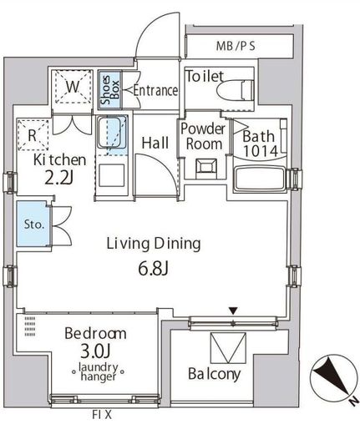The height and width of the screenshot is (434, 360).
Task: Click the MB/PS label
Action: pos(236,46)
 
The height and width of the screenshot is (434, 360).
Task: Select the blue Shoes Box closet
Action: pos(110,90)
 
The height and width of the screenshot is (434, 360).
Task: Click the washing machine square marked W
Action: pos(74,87)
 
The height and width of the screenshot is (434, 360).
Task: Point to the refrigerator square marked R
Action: pos(33,135)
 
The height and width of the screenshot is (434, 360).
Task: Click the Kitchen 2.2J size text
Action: pos(59,179)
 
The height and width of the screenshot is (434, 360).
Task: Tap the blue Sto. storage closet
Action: pos(33,224)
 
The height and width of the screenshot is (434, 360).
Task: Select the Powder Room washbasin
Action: pos(206,166)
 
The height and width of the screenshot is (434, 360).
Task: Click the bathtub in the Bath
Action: pos(260,179)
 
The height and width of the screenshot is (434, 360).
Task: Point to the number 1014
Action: pos(261,151)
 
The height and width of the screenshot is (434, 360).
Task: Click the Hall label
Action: pos(155,143)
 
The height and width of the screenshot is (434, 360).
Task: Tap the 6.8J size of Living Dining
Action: pos(153,269)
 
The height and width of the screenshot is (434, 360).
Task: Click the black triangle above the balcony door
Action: pos(233,310)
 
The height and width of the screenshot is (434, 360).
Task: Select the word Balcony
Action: pos(214,374)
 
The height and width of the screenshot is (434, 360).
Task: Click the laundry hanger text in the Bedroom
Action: pos(98,371)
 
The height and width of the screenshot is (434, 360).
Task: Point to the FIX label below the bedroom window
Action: pos(102,415)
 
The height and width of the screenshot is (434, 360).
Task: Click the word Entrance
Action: pos(155,90)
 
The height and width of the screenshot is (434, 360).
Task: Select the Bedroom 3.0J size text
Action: pos(95,351)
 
